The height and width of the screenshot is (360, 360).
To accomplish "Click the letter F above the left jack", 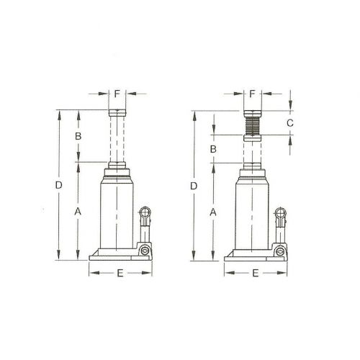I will [118, 94].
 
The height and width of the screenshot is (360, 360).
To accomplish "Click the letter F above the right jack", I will [252, 94].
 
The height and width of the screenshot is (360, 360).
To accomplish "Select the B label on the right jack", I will [213, 148].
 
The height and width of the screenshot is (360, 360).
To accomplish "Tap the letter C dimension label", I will [289, 124].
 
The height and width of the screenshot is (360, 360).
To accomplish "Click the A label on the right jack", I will [213, 212].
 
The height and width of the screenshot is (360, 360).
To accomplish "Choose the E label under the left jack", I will [120, 274].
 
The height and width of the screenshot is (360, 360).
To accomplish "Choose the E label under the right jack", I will [253, 274].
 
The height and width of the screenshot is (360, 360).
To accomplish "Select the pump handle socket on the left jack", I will [145, 214].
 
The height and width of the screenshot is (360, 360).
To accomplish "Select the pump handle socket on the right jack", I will [279, 214].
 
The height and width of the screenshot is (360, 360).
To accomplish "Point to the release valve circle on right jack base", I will [279, 250].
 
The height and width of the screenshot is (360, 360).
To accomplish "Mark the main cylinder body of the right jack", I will [252, 212].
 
